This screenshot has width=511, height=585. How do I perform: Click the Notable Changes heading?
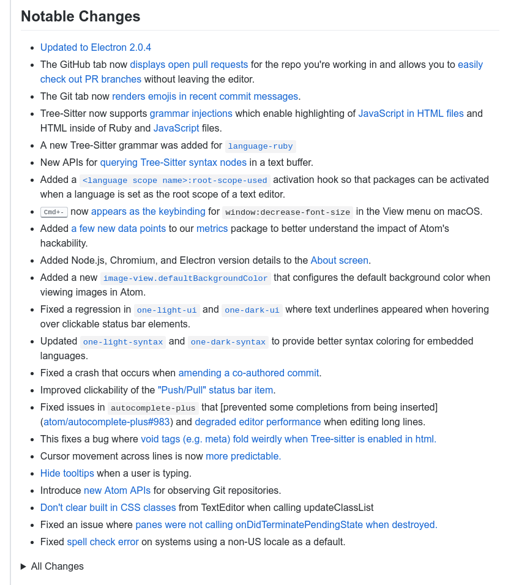pos(80,17)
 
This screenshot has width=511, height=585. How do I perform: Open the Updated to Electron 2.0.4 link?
pos(95,47)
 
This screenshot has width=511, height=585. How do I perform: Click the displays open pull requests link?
pos(188,64)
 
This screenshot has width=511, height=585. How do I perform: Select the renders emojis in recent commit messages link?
pos(205,96)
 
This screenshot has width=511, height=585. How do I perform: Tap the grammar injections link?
pos(191,113)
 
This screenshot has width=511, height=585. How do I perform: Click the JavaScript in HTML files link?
pos(411,113)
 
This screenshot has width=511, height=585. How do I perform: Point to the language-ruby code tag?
pos(261,146)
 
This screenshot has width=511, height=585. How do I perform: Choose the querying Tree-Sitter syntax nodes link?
pos(173,162)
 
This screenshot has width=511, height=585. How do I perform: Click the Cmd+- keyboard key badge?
pos(54,212)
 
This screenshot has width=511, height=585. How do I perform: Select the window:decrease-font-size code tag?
pos(288,212)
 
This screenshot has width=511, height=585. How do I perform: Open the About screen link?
pos(339,260)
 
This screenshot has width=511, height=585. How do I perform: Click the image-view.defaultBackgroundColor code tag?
pos(185,278)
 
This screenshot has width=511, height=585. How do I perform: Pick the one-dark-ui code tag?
pos(252,310)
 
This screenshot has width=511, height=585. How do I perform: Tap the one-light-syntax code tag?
pos(122,342)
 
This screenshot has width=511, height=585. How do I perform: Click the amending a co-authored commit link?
pos(248,373)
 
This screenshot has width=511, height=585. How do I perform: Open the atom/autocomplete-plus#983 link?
pos(108,422)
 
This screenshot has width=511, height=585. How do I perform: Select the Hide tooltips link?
pos(67,473)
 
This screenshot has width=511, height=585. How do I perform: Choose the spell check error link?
pos(103,542)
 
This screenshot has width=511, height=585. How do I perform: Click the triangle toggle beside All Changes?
pos(24,566)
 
